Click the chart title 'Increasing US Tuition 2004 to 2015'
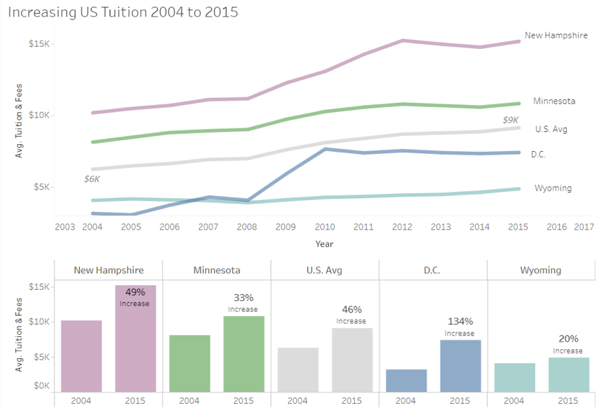coord(123,12)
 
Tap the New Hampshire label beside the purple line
coord(556,35)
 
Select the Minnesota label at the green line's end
coord(554,101)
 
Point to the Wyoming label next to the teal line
coord(552,188)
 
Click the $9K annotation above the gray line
coord(510,120)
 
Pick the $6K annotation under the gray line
coord(92,179)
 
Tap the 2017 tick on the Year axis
coord(583,226)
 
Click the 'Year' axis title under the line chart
coord(325,244)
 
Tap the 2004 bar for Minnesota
coord(189,363)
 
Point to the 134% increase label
coord(460,322)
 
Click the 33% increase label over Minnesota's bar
coord(243,298)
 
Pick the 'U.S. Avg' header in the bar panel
coord(325,271)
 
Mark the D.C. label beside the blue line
coord(538,155)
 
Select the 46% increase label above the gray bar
coord(351,310)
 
